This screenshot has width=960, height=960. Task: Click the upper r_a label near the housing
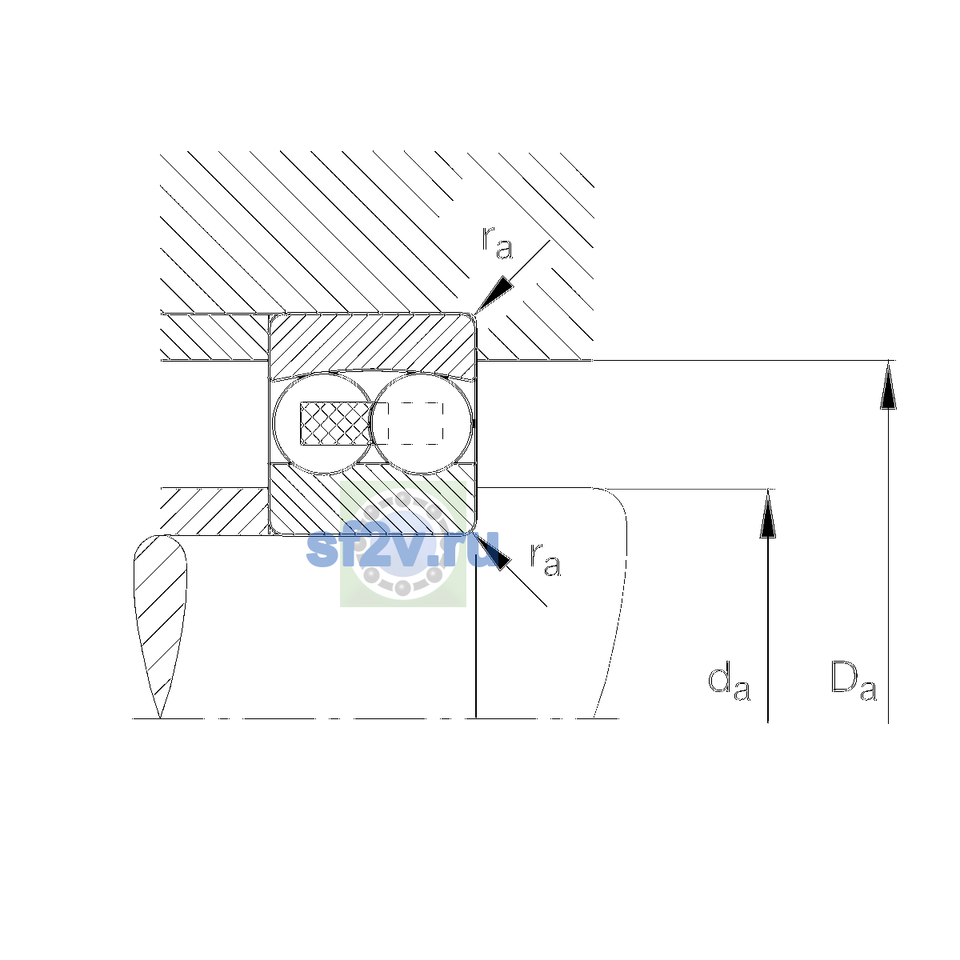[x=497, y=242]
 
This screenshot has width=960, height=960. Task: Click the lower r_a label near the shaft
[x=545, y=558]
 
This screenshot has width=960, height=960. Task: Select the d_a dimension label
[x=729, y=682]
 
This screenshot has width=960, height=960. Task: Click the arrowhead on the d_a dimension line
[x=768, y=514]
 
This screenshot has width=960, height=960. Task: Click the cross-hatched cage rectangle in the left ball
[x=336, y=423]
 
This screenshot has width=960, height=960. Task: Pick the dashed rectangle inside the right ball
[x=415, y=423]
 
